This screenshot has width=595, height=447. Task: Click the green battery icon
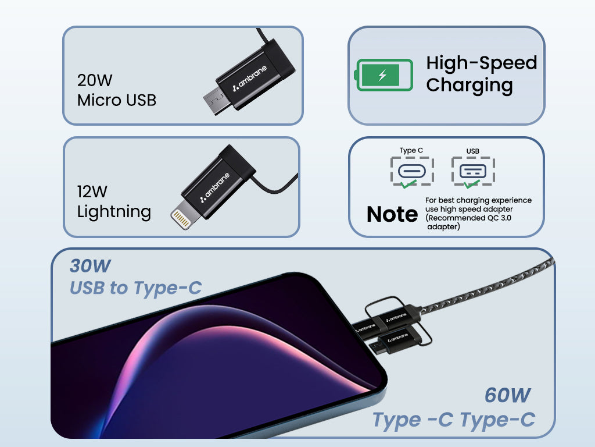384,75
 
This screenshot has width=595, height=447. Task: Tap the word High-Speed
482,63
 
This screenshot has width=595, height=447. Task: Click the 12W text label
92,191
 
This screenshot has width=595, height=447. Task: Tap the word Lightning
114,211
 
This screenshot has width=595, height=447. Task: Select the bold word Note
392,214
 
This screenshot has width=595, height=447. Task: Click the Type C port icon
411,171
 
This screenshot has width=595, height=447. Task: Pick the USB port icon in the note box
473,171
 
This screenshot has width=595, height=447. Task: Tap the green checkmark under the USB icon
471,185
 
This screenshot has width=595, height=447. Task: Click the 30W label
90,266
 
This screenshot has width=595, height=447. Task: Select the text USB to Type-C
136,288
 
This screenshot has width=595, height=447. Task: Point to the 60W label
507,396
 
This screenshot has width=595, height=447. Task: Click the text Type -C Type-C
453,419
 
